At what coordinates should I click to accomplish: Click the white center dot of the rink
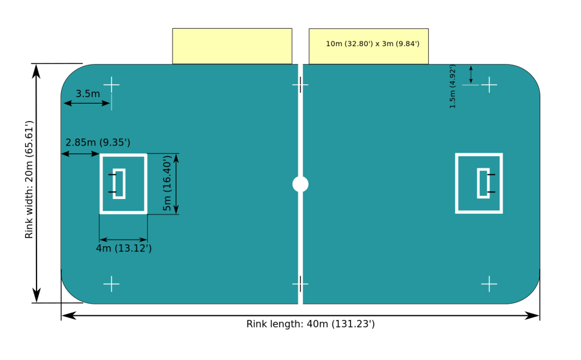coord(300,184)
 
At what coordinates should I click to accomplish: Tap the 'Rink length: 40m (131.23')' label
coord(310,324)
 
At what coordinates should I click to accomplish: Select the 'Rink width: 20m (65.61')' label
coord(29,180)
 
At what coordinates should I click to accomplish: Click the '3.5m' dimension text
coord(88,93)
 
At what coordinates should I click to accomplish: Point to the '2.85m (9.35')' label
coord(98,143)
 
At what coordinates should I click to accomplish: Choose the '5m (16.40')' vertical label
coord(168,183)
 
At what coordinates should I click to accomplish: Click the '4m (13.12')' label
coord(124,248)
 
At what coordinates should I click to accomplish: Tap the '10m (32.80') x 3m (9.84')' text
coord(373,44)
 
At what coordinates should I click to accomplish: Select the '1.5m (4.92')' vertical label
coord(452,87)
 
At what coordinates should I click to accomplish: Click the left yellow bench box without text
coord(232,46)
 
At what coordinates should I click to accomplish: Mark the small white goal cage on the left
coord(119,184)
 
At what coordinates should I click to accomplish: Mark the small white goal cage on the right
coord(483,183)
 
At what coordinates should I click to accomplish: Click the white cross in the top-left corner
coord(111,85)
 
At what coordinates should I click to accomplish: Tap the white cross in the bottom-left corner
coord(111,284)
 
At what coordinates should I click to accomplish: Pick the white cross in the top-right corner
coord(489,85)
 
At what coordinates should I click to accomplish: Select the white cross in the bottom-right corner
coord(489,284)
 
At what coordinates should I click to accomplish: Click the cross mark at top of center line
coord(300,85)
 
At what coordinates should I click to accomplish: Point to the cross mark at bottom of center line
coord(300,284)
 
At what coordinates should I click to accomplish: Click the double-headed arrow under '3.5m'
coord(87,104)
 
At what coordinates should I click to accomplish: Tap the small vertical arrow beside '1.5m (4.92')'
coord(471,74)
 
